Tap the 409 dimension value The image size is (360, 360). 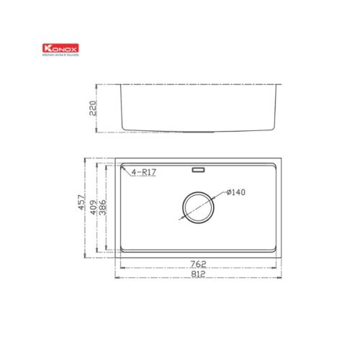tap(94, 207)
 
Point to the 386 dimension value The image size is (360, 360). tap(103, 207)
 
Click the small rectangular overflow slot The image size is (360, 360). tap(199, 171)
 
